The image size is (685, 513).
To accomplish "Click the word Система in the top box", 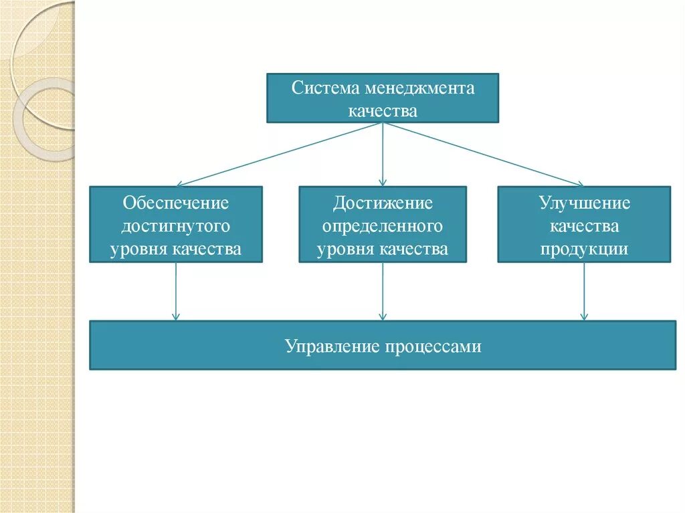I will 318,89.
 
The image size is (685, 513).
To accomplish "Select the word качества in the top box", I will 383,111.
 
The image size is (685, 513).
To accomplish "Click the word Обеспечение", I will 176,203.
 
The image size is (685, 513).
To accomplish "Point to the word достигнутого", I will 176,226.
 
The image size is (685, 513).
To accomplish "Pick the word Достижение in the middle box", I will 383,203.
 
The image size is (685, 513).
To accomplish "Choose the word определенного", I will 383,226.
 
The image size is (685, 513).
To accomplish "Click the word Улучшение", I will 585,203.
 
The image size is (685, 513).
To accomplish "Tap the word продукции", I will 585,249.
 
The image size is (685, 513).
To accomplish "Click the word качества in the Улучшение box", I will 585,226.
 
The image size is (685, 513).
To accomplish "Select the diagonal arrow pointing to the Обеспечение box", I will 280,155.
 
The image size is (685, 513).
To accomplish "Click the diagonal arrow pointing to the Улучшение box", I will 483,155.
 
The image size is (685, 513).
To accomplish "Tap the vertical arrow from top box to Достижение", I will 383,155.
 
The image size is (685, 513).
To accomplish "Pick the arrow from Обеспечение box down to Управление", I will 176,292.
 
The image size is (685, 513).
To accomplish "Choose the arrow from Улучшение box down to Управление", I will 584,292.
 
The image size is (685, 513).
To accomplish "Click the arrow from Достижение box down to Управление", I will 383,292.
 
